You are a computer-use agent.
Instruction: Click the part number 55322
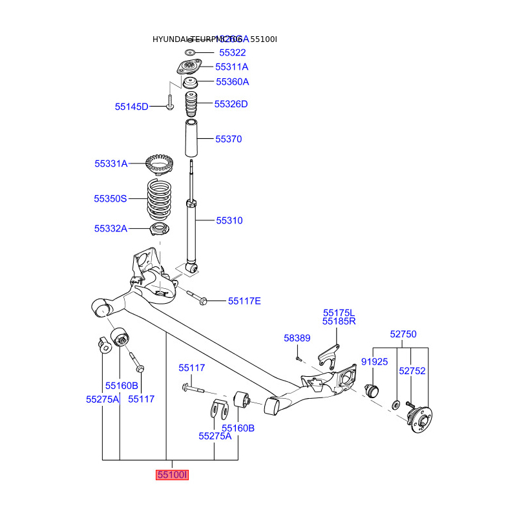tap(232, 53)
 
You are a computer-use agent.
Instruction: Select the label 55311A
tap(232, 67)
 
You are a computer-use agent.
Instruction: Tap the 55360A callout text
tap(232, 81)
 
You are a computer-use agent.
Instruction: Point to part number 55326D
tap(231, 103)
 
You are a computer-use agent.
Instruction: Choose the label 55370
tap(229, 139)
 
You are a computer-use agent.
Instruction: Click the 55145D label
tap(132, 107)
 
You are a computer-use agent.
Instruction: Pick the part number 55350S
tap(111, 199)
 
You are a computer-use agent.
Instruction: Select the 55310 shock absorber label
tap(229, 220)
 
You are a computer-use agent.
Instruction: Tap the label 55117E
tap(244, 301)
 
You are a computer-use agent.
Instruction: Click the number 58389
tap(297, 338)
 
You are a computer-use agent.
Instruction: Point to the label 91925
tap(375, 362)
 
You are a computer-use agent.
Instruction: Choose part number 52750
tap(403, 335)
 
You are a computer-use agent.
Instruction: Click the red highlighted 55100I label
tap(172, 476)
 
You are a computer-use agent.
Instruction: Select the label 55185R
tap(340, 321)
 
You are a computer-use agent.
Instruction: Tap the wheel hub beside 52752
tap(420, 419)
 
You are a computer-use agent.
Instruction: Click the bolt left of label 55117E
tap(197, 298)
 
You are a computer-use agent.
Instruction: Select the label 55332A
tap(111, 228)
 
